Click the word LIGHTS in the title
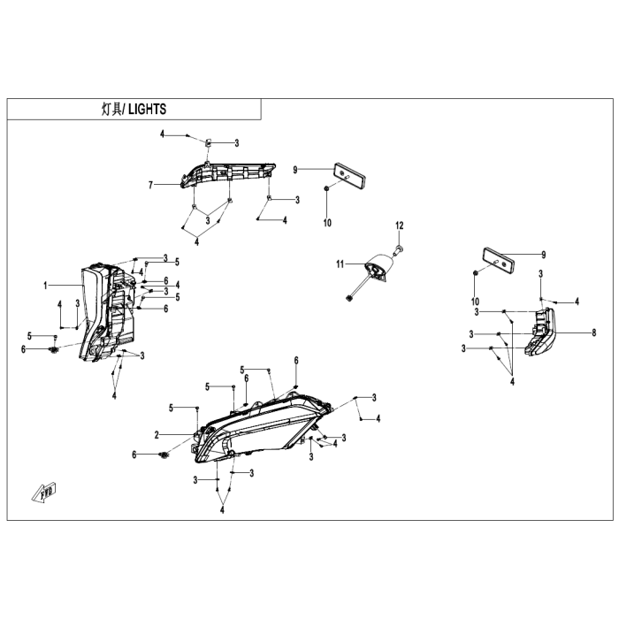point(148,110)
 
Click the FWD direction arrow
point(44,493)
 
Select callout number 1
point(45,286)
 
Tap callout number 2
point(157,435)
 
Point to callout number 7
point(150,185)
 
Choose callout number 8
point(593,332)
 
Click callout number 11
point(340,264)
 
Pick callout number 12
point(400,225)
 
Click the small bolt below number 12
point(398,249)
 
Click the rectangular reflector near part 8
point(497,259)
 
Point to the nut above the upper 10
point(327,189)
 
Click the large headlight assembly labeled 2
point(261,426)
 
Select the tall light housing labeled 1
point(107,312)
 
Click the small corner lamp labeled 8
point(540,332)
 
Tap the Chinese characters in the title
point(111,110)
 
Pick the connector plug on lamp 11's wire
point(348,299)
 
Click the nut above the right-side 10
point(476,273)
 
